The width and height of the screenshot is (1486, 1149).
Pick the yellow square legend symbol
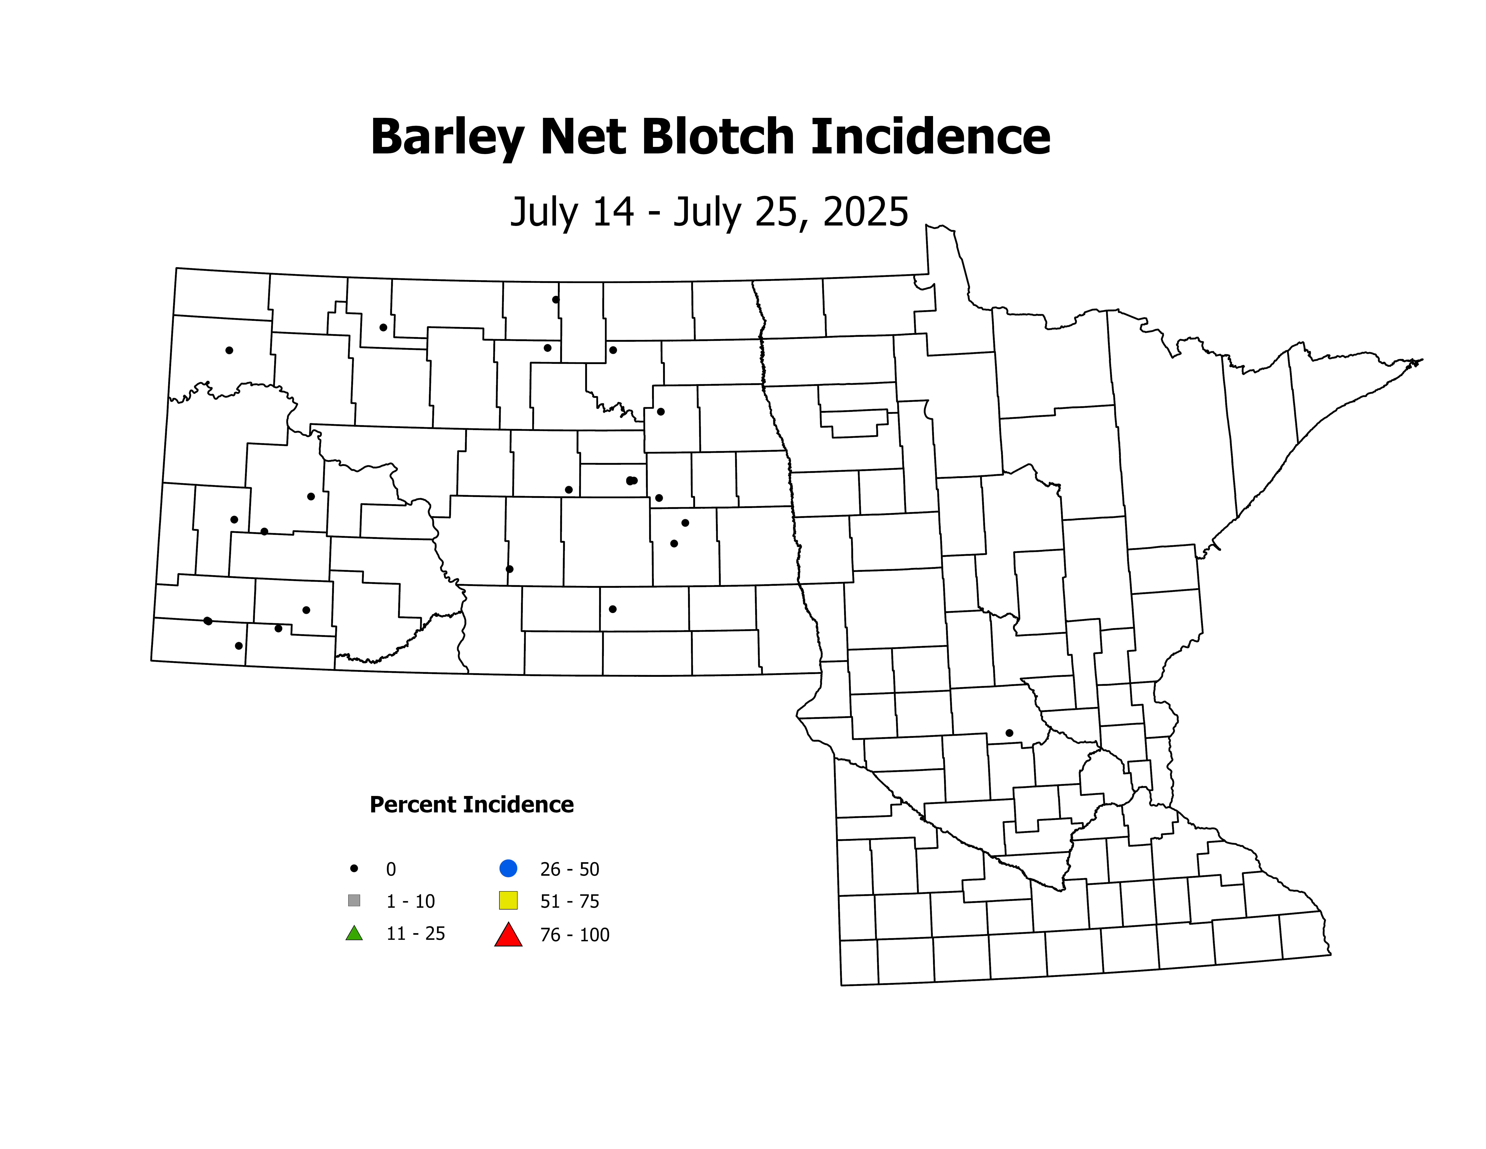point(508,901)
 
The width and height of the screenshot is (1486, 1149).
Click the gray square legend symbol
point(354,901)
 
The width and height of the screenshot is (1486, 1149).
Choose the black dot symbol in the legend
point(354,869)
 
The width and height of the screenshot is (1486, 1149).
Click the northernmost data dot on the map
point(556,299)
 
